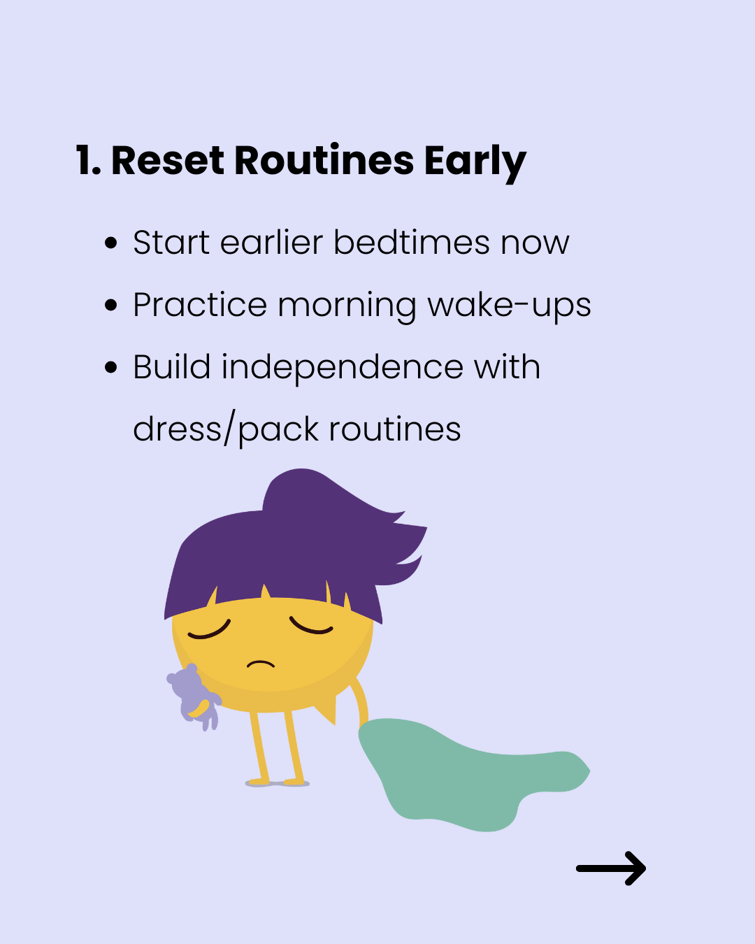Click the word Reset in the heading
pyautogui.click(x=168, y=161)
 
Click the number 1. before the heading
pyautogui.click(x=89, y=161)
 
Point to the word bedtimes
pyautogui.click(x=412, y=242)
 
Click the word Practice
pyautogui.click(x=200, y=304)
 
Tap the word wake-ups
pyautogui.click(x=510, y=307)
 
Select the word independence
pyautogui.click(x=342, y=369)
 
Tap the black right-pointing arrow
pyautogui.click(x=611, y=868)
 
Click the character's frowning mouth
pyautogui.click(x=261, y=664)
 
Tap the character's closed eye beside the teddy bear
pyautogui.click(x=209, y=630)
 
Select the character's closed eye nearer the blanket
pyautogui.click(x=311, y=626)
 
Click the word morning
pyautogui.click(x=347, y=307)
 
